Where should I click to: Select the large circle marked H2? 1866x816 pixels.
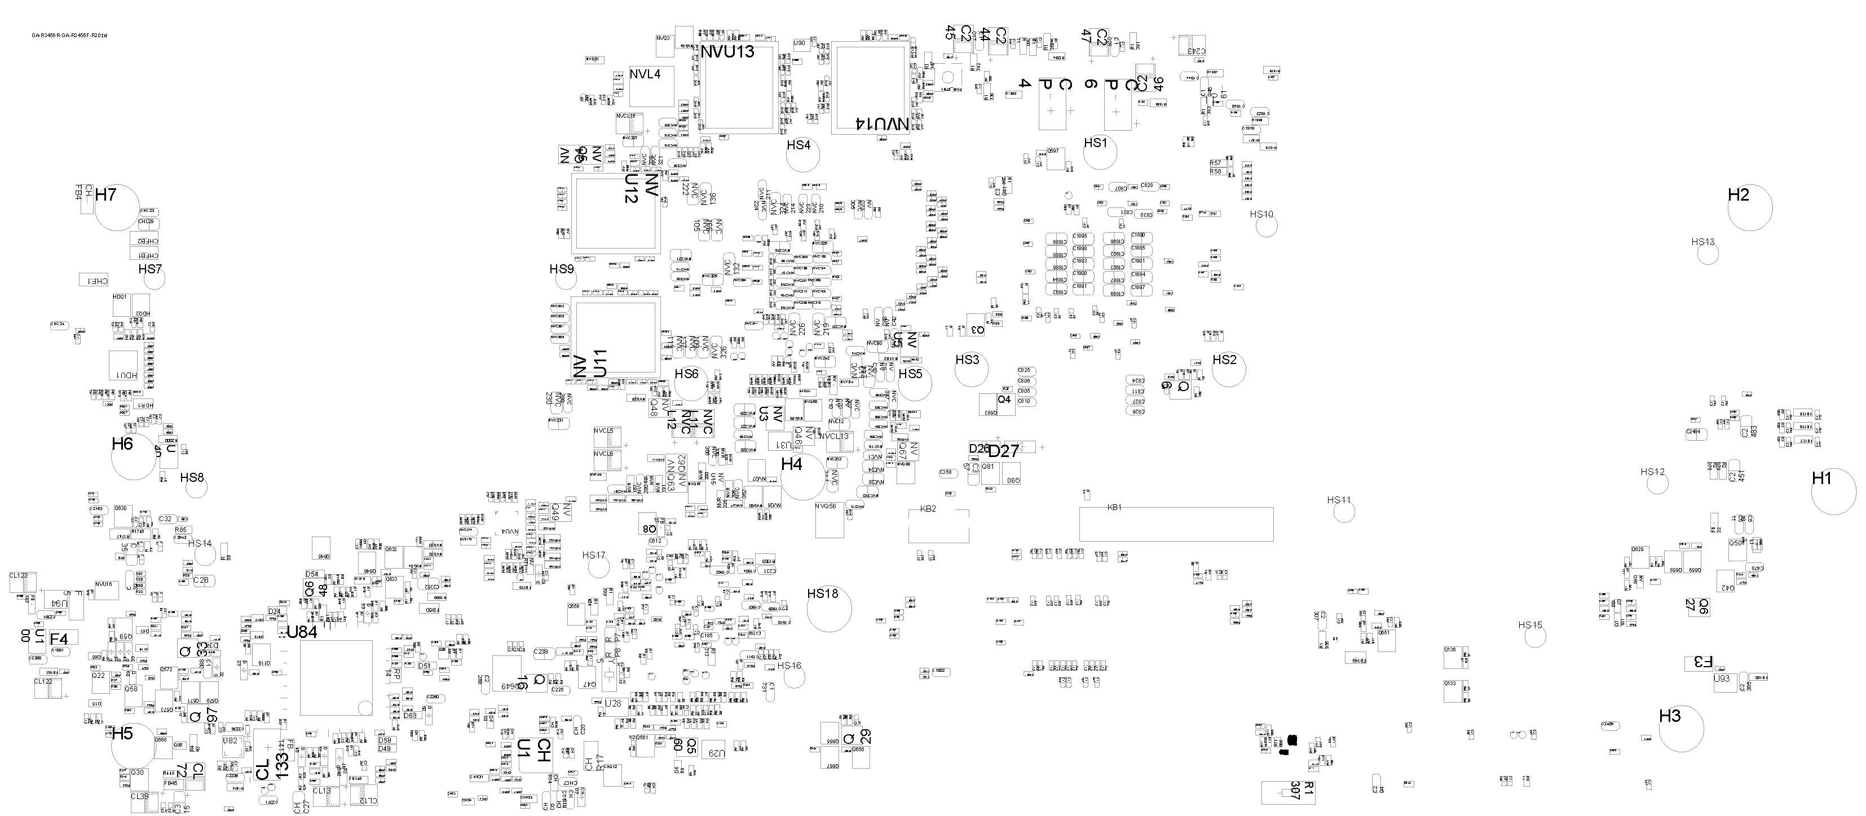pyautogui.click(x=1749, y=209)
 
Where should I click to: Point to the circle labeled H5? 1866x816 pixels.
pyautogui.click(x=133, y=746)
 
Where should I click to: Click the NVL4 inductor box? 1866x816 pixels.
pyautogui.click(x=651, y=86)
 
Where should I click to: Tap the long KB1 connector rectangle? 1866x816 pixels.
pyautogui.click(x=1176, y=524)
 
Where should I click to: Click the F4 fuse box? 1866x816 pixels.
pyautogui.click(x=63, y=638)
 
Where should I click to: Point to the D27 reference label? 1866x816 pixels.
pyautogui.click(x=1003, y=451)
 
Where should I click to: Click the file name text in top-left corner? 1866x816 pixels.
pyautogui.click(x=69, y=36)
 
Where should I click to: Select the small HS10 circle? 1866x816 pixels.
pyautogui.click(x=1266, y=226)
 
